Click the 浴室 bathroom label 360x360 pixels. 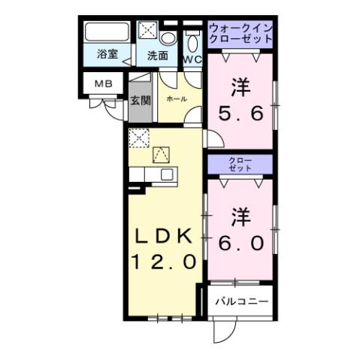click(x=107, y=54)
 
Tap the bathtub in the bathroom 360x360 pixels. click(x=107, y=34)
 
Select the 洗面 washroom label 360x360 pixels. click(x=157, y=55)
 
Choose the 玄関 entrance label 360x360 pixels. click(x=140, y=100)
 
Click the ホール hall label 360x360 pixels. click(x=176, y=99)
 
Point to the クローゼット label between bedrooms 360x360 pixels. click(x=241, y=165)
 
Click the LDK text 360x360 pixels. click(x=165, y=235)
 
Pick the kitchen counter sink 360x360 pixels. click(x=166, y=174)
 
